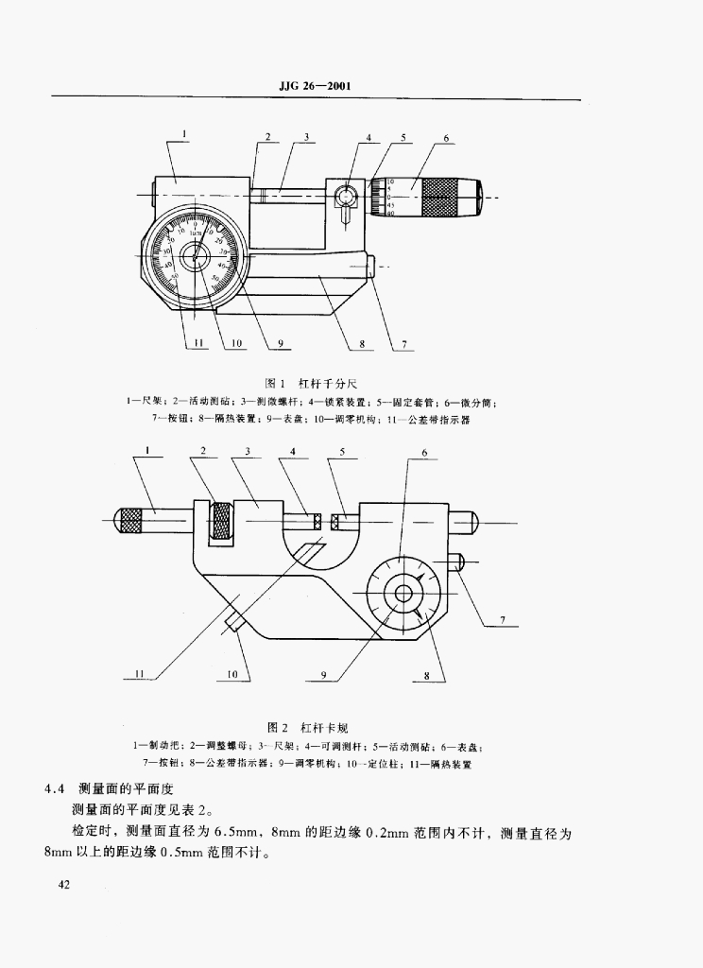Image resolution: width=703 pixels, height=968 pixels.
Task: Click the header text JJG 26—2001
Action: pos(316,87)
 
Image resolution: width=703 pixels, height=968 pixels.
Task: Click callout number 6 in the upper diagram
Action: pos(445,138)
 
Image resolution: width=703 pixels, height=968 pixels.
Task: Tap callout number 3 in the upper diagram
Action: pos(308,138)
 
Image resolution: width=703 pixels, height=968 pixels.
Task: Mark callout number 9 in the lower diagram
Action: pos(323,674)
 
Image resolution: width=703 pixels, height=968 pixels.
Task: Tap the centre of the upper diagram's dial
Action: pos(197,256)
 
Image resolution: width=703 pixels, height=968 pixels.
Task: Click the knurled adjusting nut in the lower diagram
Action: pos(223,521)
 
